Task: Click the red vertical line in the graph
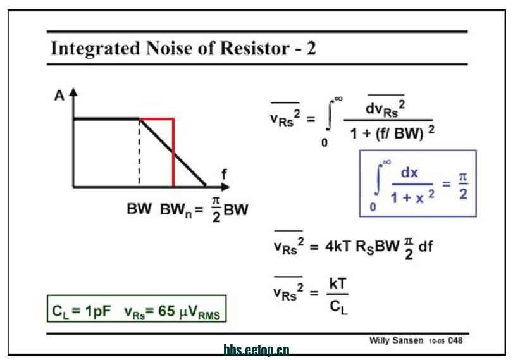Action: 173,152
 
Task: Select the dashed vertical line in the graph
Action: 139,152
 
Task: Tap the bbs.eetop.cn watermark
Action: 256,350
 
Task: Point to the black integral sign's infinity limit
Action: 338,99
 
